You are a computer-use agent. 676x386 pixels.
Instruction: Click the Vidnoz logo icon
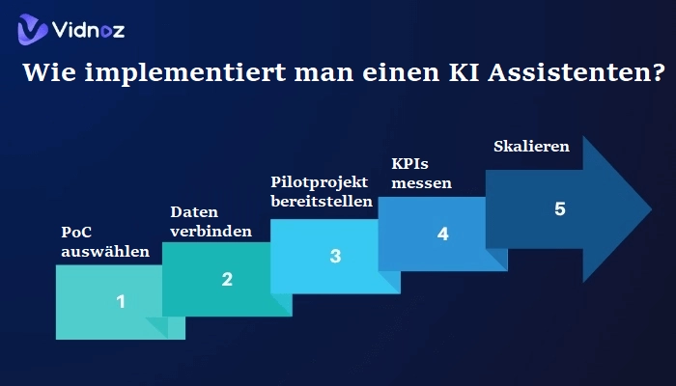click(32, 30)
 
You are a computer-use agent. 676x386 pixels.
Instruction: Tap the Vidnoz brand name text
click(89, 31)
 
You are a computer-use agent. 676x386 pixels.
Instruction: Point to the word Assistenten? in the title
click(565, 72)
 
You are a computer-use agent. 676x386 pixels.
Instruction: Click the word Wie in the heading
click(46, 72)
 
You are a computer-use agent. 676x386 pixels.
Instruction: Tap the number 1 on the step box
click(121, 301)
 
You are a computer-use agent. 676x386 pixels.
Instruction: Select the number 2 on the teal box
click(227, 279)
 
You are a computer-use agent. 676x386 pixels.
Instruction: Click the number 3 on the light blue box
click(335, 256)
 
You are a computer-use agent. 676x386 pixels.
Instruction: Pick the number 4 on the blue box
click(442, 234)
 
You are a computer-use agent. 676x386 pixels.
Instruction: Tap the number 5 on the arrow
click(560, 209)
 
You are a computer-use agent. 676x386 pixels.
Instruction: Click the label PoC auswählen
click(92, 242)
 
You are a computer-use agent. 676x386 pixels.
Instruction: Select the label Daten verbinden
click(211, 221)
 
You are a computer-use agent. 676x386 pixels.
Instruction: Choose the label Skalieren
click(531, 147)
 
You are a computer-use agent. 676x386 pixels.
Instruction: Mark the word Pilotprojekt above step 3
click(320, 181)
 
